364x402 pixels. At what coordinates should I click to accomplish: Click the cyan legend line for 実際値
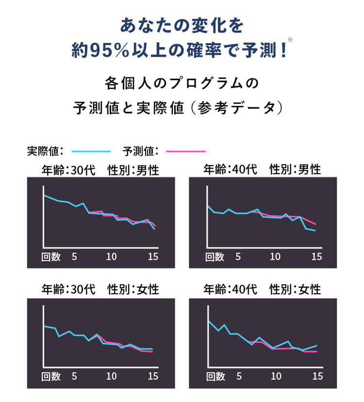click(x=91, y=151)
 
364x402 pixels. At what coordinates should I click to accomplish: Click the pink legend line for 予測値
click(x=185, y=151)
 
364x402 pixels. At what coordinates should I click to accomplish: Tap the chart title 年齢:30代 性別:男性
click(x=100, y=170)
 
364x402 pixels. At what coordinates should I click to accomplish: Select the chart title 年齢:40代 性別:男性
click(x=262, y=169)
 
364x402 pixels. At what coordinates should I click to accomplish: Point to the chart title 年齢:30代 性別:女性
click(x=100, y=290)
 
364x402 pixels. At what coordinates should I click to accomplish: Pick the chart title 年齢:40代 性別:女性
click(x=262, y=290)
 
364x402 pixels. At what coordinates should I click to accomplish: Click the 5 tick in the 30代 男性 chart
click(x=74, y=257)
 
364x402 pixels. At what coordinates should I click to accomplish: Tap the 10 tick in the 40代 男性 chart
click(x=275, y=257)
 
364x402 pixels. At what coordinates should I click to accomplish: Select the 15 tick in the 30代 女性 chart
click(x=153, y=376)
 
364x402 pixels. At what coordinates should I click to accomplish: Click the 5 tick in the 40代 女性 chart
click(x=238, y=376)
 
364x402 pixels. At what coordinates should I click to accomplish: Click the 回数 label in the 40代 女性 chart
click(x=215, y=376)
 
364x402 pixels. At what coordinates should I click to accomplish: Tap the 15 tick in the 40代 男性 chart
click(x=316, y=257)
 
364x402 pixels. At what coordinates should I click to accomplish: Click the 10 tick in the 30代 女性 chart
click(x=111, y=376)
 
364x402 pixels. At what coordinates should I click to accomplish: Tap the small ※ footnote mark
click(x=290, y=39)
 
